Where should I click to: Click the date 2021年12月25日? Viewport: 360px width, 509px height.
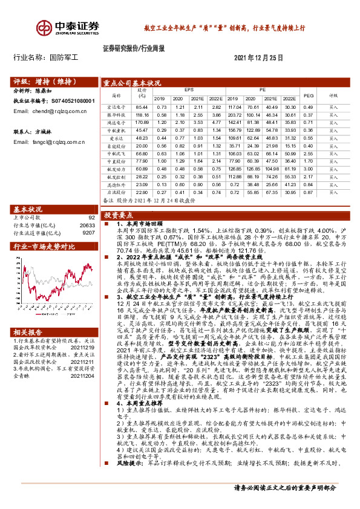point(258,57)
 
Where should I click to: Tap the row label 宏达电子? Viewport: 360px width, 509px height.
point(116,106)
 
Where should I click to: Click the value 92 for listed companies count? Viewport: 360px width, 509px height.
point(91,217)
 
